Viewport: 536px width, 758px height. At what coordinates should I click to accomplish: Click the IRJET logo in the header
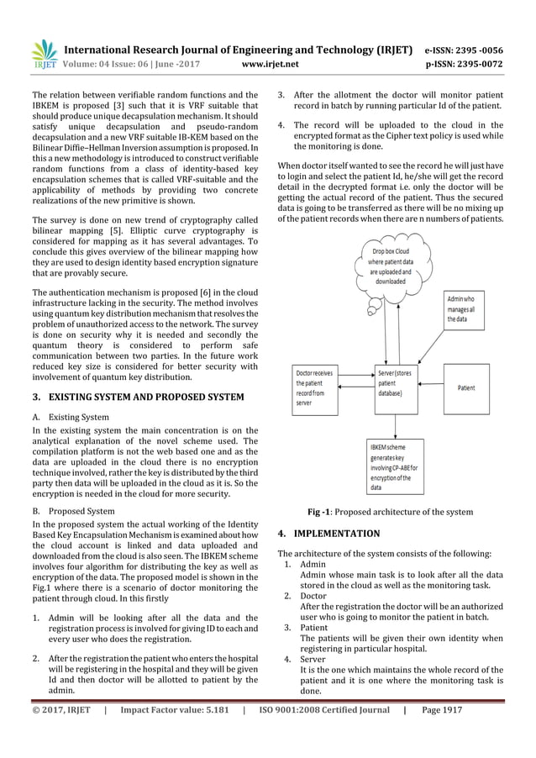[x=44, y=53]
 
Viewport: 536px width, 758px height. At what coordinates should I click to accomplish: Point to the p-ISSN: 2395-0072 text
[x=465, y=62]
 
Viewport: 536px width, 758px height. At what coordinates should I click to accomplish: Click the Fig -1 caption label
[x=323, y=512]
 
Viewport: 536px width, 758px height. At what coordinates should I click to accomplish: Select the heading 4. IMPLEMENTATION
[x=328, y=533]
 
